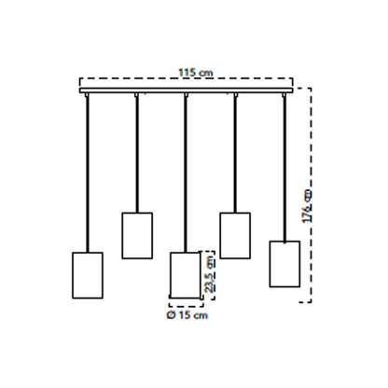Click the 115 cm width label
pyautogui.click(x=196, y=73)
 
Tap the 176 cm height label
pyautogui.click(x=307, y=206)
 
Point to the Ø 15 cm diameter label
pyautogui.click(x=187, y=315)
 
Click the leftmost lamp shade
pyautogui.click(x=88, y=275)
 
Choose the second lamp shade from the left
pyautogui.click(x=137, y=236)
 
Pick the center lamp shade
pyautogui.click(x=186, y=275)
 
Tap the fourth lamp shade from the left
pyautogui.click(x=235, y=236)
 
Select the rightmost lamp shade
pyautogui.click(x=284, y=264)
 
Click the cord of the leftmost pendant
pyautogui.click(x=88, y=174)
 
